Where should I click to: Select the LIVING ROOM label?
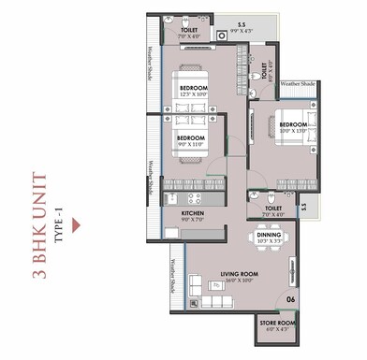click(x=239, y=275)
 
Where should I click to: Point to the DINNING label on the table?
click(x=270, y=238)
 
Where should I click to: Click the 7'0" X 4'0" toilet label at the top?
click(x=188, y=32)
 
